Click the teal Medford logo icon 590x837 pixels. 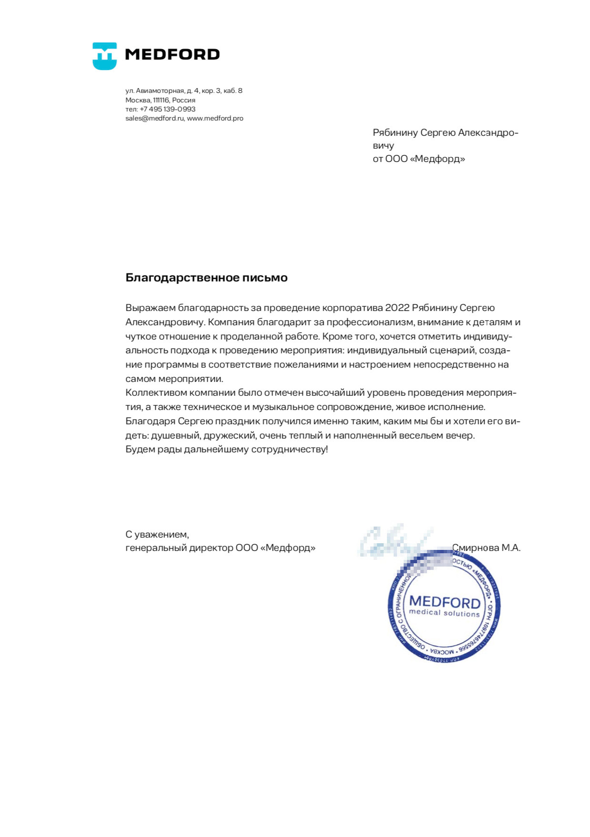(104, 56)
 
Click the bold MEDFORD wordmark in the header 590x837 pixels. (172, 54)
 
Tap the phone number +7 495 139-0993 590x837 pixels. (167, 109)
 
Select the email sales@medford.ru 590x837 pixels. (154, 119)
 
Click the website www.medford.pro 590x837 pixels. (215, 119)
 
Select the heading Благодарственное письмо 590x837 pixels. (206, 278)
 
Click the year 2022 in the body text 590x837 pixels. (397, 308)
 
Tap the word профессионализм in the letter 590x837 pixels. (370, 322)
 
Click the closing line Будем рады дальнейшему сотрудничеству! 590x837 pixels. (226, 449)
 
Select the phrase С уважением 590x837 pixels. (157, 535)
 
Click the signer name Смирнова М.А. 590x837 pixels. (486, 548)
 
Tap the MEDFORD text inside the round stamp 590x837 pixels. (445, 602)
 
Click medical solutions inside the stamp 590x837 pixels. (444, 613)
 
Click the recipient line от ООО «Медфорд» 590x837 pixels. (418, 159)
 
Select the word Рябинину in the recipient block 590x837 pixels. (395, 133)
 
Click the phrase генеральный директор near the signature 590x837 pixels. (179, 548)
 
